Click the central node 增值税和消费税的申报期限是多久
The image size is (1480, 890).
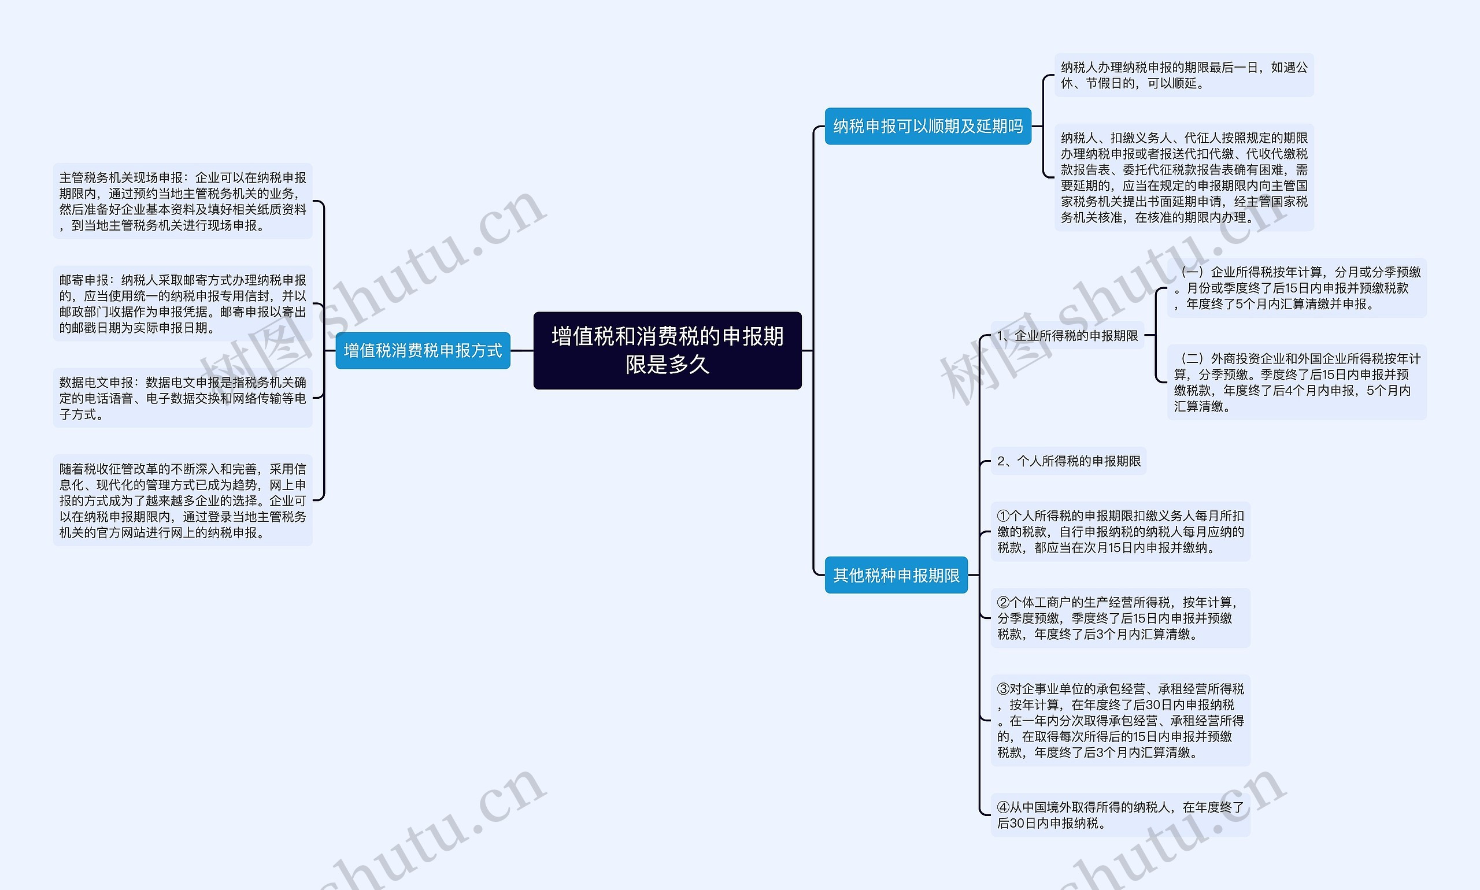667,350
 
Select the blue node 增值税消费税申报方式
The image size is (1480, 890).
423,350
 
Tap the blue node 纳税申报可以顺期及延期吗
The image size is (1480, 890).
928,126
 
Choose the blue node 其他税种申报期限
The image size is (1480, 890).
896,575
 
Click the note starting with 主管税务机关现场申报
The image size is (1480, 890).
182,201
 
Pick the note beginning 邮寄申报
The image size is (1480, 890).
182,303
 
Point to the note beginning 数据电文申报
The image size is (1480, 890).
182,398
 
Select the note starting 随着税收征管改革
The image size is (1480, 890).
182,500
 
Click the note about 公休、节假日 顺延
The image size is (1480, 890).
1184,75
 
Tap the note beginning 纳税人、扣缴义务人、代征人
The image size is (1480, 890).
1184,177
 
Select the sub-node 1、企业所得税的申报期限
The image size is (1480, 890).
1067,336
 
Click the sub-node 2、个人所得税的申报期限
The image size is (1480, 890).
1068,461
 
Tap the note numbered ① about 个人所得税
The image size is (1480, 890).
1120,531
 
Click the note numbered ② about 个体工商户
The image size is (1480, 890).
1120,618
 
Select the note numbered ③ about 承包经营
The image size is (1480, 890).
1120,720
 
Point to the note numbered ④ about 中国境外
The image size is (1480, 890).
1120,815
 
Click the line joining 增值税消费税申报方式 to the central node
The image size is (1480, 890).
522,350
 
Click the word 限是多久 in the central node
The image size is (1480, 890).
667,365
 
